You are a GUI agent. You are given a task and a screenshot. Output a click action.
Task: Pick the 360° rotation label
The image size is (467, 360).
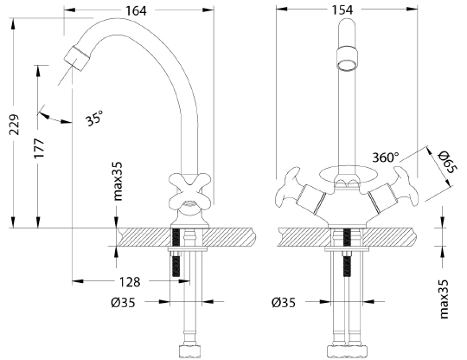(386, 157)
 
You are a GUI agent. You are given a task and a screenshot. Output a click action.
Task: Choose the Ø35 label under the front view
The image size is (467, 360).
(285, 303)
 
